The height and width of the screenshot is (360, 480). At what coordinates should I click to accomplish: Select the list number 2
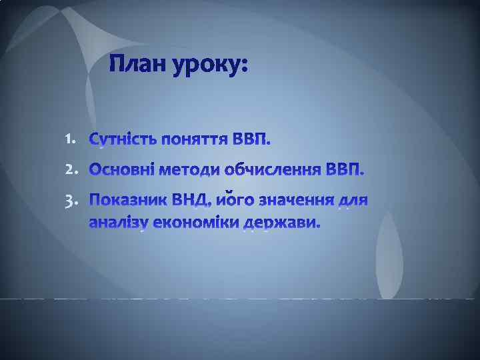coord(71,170)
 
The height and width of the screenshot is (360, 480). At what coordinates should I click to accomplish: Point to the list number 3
coord(71,200)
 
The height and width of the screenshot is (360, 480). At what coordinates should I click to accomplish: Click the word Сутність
coord(123,141)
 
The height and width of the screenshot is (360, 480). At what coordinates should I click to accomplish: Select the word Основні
coord(122,171)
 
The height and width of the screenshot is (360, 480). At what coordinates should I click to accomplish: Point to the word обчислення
coord(273,171)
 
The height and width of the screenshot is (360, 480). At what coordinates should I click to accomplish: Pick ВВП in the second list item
coord(347,171)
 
